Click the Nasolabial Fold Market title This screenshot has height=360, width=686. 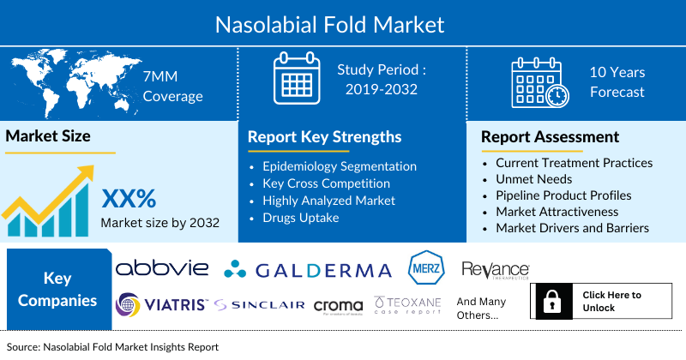click(342, 23)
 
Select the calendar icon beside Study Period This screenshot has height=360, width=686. click(296, 79)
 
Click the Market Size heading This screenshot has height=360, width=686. click(49, 135)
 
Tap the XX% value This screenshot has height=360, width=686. click(129, 199)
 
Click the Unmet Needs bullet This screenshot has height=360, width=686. click(533, 178)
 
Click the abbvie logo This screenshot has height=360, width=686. click(162, 268)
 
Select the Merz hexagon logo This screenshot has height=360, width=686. click(425, 268)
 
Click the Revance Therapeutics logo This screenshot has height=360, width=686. click(495, 270)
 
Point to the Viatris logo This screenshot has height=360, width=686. click(160, 304)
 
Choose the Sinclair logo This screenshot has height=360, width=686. click(260, 305)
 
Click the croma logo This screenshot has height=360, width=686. click(338, 306)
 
